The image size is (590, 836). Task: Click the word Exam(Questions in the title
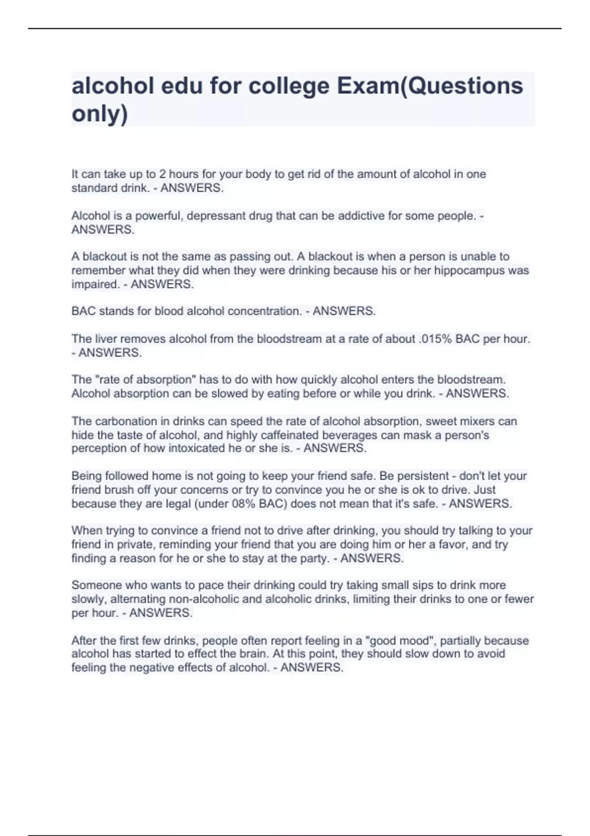430,86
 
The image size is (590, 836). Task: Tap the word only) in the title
99,114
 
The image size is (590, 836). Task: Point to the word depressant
217,216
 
